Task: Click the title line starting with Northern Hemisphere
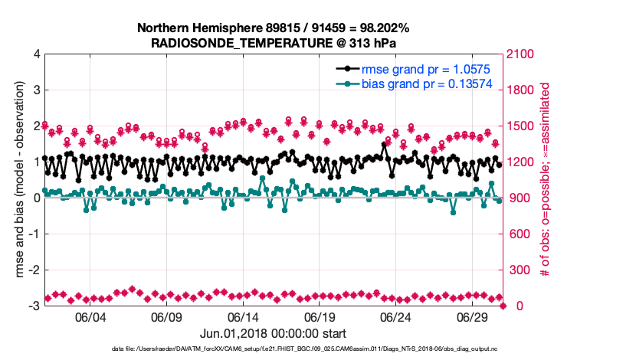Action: [274, 28]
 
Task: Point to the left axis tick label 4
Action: [36, 54]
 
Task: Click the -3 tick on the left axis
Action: [33, 306]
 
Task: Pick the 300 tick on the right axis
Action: [520, 270]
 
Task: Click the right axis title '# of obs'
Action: [546, 180]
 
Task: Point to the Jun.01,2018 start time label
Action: [274, 334]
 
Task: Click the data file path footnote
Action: [274, 350]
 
